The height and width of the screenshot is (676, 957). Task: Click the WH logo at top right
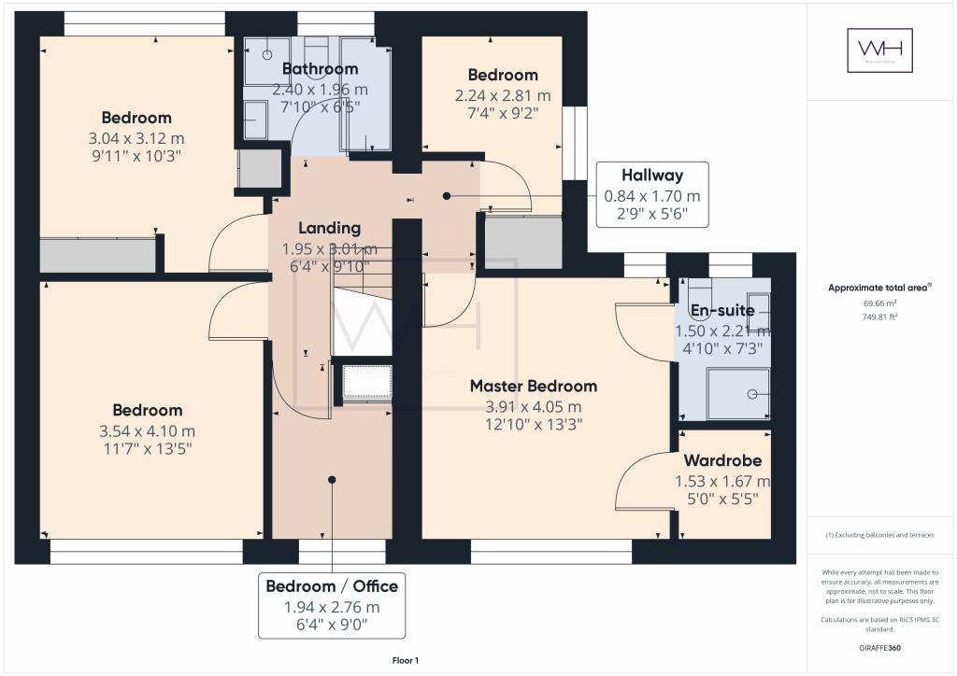coord(879,50)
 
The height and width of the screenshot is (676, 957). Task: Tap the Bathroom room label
coord(320,69)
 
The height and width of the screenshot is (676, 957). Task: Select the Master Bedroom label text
coord(533,386)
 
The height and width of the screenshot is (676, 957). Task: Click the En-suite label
coord(721,311)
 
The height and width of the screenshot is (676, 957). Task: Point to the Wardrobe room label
coord(722,460)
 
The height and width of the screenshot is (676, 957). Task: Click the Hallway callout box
coord(651,195)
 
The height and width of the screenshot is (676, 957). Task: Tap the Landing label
coord(329,228)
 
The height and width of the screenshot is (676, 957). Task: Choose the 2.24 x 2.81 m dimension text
coord(503,96)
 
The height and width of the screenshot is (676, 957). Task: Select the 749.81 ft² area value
coord(879,317)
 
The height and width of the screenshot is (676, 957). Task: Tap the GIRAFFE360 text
coord(880,647)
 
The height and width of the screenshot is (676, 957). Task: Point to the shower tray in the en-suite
coord(739,393)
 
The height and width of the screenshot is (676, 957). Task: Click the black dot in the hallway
coord(447,196)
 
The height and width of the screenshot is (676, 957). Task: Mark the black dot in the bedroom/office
coord(332,479)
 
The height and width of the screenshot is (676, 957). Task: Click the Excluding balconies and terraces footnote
coord(879,535)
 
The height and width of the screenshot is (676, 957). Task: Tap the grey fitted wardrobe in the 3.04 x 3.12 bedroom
coord(97,255)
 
